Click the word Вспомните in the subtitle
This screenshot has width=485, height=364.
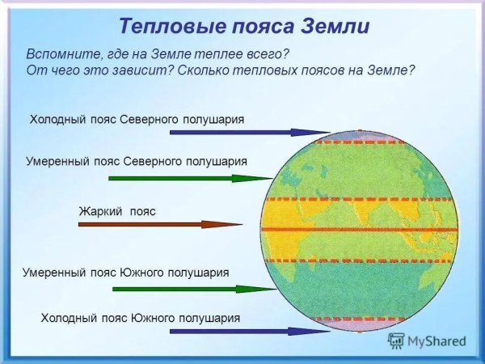coord(65,53)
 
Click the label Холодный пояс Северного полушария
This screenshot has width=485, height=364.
coord(137,120)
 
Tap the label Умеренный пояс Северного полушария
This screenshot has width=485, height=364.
coord(136,162)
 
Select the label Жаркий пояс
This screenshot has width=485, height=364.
coord(116,211)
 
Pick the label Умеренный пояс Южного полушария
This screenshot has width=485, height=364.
coord(125,273)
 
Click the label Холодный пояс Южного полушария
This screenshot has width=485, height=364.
coord(140,318)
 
